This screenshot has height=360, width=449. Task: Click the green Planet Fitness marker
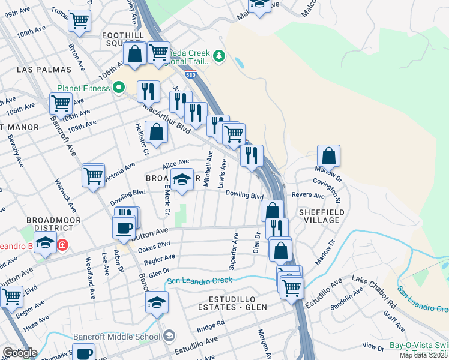coord(119,88)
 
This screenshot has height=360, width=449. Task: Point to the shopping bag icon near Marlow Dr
coord(328,156)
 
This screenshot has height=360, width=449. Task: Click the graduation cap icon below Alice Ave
coord(182,179)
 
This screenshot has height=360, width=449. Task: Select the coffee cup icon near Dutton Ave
coord(124,228)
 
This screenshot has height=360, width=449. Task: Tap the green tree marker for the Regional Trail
coord(219,56)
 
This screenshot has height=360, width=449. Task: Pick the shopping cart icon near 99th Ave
coord(79,21)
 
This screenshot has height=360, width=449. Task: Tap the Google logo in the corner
coord(20,353)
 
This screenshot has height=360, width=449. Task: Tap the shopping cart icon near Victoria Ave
coord(94,176)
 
